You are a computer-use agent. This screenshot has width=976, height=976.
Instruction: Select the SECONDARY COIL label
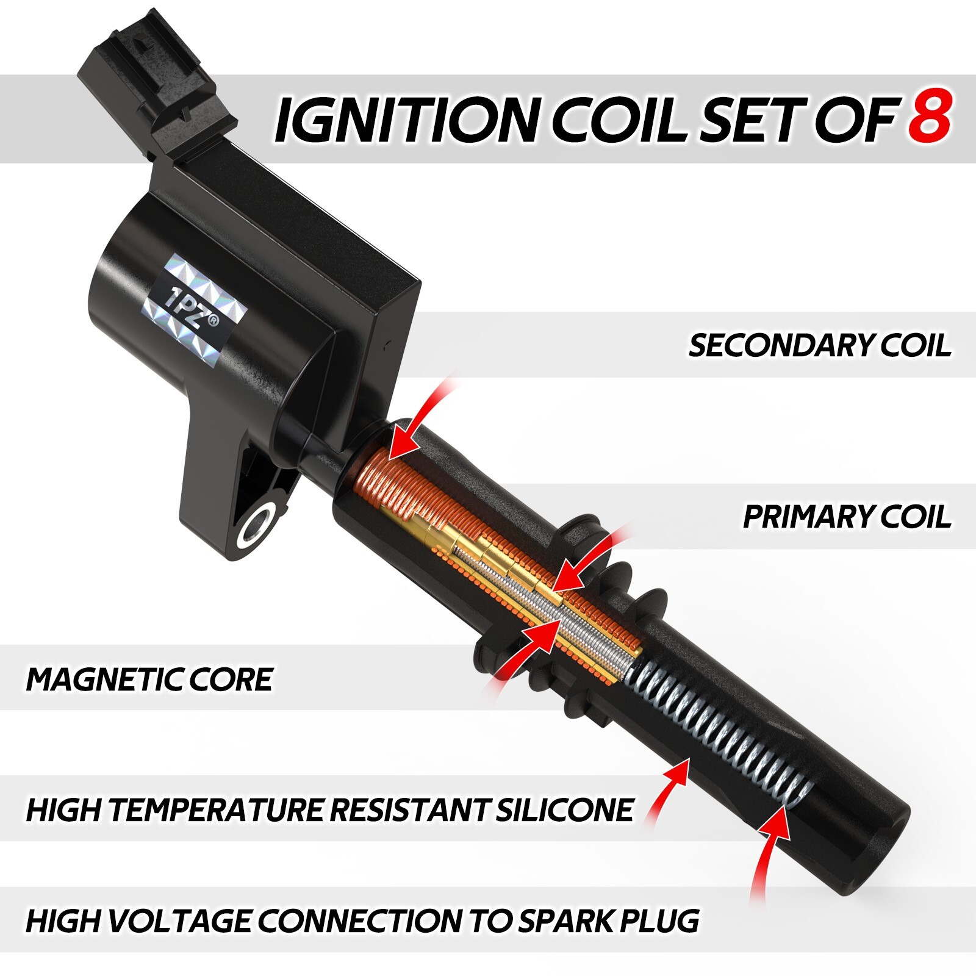pyautogui.click(x=820, y=345)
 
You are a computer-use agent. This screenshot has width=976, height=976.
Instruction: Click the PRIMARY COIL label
pyautogui.click(x=847, y=517)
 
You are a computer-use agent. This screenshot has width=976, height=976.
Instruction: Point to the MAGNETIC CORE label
pyautogui.click(x=149, y=679)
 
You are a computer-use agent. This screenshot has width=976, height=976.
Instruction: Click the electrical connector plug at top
pyautogui.click(x=152, y=79)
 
